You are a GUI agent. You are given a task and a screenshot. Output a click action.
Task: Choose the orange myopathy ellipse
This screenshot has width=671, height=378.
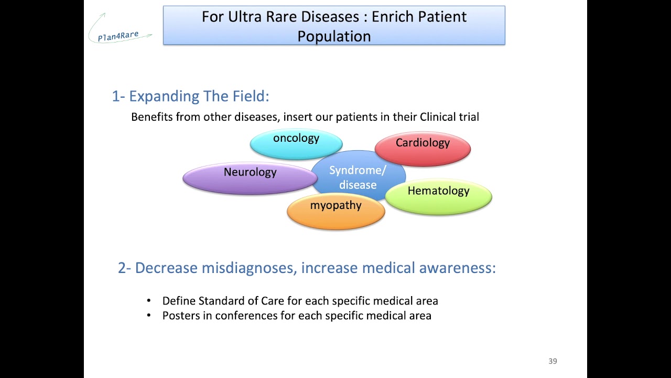pyautogui.click(x=335, y=211)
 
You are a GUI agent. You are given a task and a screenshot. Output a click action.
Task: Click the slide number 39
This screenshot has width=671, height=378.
pyautogui.click(x=553, y=361)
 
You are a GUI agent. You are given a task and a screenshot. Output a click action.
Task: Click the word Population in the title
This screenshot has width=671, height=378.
pyautogui.click(x=334, y=36)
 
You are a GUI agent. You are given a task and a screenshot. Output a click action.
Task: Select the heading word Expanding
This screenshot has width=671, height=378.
pyautogui.click(x=164, y=96)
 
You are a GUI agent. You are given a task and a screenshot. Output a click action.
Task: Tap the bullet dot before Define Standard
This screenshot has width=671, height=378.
pyautogui.click(x=149, y=301)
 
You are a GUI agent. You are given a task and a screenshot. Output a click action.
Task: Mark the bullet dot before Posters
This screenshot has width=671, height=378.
pyautogui.click(x=149, y=316)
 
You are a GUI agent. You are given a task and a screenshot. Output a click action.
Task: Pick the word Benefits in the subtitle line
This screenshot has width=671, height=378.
pyautogui.click(x=152, y=117)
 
